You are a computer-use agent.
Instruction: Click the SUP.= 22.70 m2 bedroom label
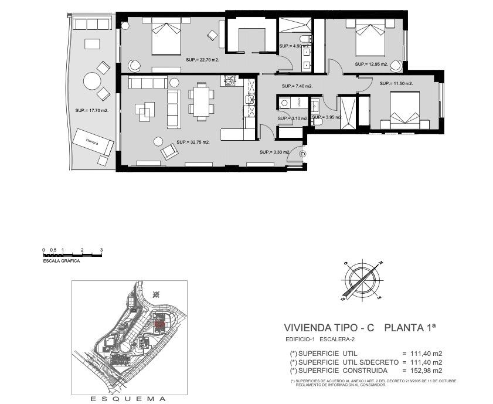[x=202, y=60]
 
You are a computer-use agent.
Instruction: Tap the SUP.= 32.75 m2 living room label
[x=193, y=142]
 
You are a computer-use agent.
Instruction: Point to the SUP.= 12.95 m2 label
[x=371, y=64]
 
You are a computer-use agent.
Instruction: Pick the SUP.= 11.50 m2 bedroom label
[x=396, y=84]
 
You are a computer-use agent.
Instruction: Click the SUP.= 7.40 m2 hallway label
[x=297, y=86]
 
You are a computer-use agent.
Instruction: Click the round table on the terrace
[x=91, y=80]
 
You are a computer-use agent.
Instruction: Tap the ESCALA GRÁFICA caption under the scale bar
[x=62, y=261]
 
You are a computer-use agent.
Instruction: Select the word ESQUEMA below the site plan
[x=128, y=399]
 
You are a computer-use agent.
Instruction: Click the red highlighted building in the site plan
[x=158, y=323]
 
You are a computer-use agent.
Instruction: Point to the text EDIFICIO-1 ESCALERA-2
[x=320, y=340]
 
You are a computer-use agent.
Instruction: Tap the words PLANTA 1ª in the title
[x=410, y=328]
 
